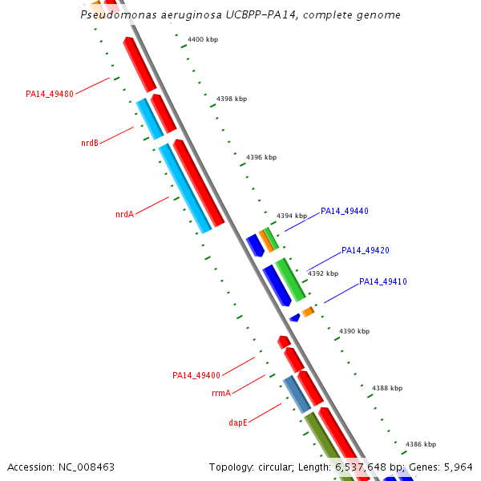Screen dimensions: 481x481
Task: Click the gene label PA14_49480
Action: point(50,94)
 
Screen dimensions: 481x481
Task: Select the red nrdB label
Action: point(89,143)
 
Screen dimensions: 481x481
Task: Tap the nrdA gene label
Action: point(124,214)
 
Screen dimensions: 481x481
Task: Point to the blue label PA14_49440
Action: point(345,212)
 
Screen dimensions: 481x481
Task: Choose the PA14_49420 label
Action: point(366,251)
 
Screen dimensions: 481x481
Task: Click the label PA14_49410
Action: point(383,282)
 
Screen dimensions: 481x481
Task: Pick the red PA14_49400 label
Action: point(196,375)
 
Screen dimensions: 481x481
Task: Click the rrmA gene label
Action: point(221,393)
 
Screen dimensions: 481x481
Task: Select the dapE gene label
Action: point(238,422)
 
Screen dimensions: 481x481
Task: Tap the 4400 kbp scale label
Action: point(202,39)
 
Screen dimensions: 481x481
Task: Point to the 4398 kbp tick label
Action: point(232,99)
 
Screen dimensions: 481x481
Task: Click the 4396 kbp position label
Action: point(261,157)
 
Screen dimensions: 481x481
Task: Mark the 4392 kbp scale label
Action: point(323,273)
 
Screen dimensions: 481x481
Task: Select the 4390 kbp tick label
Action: point(354,331)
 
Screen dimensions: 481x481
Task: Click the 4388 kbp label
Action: point(387,388)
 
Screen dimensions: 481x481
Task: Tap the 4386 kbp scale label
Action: point(421,444)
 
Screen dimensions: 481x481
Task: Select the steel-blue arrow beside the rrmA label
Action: point(297,394)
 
